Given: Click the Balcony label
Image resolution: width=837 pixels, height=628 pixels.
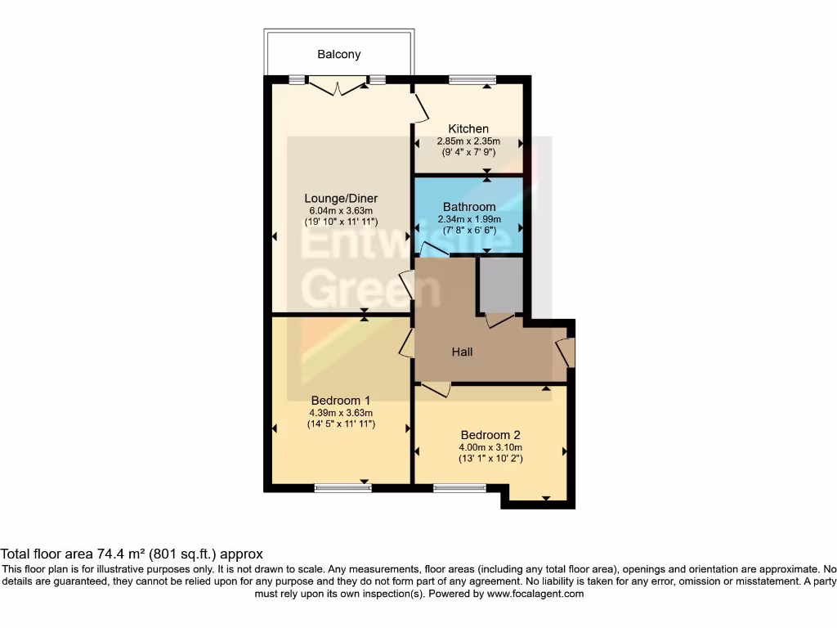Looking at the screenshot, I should [x=338, y=55].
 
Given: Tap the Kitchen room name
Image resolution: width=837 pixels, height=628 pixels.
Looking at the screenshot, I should [x=468, y=128].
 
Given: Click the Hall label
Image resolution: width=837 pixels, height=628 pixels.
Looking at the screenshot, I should [x=463, y=352].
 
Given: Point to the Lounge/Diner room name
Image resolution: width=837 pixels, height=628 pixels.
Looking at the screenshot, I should [x=341, y=199].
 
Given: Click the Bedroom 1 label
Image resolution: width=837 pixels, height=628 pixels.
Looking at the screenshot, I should [x=341, y=400].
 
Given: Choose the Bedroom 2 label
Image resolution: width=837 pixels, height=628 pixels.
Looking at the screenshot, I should [x=490, y=435].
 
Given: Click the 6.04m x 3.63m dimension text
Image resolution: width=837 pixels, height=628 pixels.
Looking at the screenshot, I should [x=341, y=211].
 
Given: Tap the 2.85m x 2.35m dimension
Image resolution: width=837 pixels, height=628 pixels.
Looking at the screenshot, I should [x=468, y=141].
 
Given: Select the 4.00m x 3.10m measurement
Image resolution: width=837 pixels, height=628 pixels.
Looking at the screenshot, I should [x=490, y=447].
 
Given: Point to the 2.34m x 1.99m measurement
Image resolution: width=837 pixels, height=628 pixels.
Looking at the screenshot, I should [x=469, y=219].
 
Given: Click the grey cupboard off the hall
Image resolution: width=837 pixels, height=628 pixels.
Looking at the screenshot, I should [x=500, y=285].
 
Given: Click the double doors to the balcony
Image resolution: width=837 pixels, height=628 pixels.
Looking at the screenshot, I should [x=338, y=85].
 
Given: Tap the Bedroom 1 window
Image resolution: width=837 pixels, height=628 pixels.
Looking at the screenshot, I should [x=342, y=489].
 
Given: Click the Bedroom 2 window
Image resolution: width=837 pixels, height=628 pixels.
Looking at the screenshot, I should [x=459, y=489].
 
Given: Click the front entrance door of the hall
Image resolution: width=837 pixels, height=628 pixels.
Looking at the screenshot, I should [x=565, y=353].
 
